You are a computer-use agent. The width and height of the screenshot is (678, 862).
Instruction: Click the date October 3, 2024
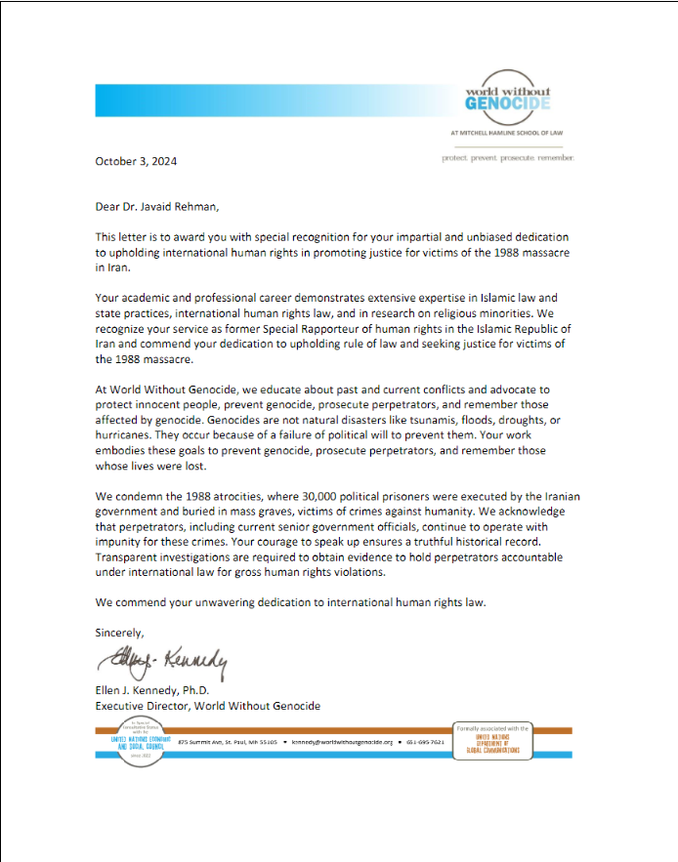click(136, 161)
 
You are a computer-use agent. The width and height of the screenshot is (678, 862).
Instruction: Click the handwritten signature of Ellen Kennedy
click(161, 666)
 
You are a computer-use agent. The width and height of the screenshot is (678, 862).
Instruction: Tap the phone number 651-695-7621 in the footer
click(423, 742)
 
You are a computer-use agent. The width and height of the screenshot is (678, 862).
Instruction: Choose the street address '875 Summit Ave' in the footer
click(202, 742)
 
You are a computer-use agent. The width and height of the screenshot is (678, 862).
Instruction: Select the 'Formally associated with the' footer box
click(492, 741)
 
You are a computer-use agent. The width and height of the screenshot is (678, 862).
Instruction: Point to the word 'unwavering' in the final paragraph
click(227, 602)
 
